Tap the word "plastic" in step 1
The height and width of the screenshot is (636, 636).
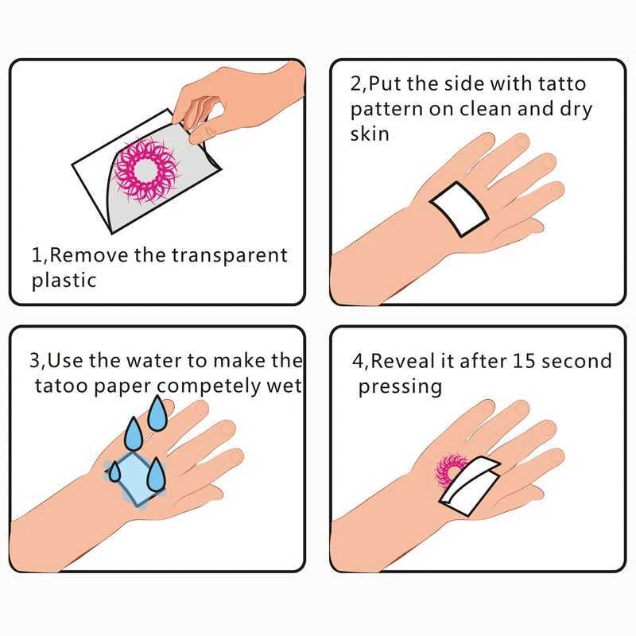click(64, 280)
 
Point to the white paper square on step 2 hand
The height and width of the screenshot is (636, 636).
click(457, 207)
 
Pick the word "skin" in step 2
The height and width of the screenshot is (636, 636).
click(370, 133)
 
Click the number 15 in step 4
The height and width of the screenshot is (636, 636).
click(522, 361)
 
